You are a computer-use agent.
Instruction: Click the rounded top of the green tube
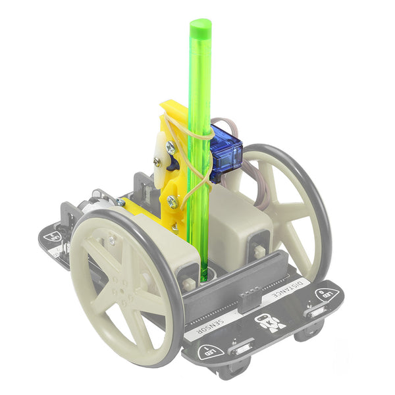[x=200, y=27]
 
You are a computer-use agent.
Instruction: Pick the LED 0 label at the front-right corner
[x=327, y=295]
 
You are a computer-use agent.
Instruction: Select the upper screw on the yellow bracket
[x=171, y=149]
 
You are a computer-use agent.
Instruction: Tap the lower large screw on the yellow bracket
[x=172, y=196]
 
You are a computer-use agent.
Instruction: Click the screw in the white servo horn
[x=157, y=160]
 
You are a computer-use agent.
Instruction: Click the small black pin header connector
[x=250, y=300]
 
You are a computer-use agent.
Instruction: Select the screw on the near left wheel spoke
[x=111, y=242]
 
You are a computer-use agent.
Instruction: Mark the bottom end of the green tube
[x=203, y=276]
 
